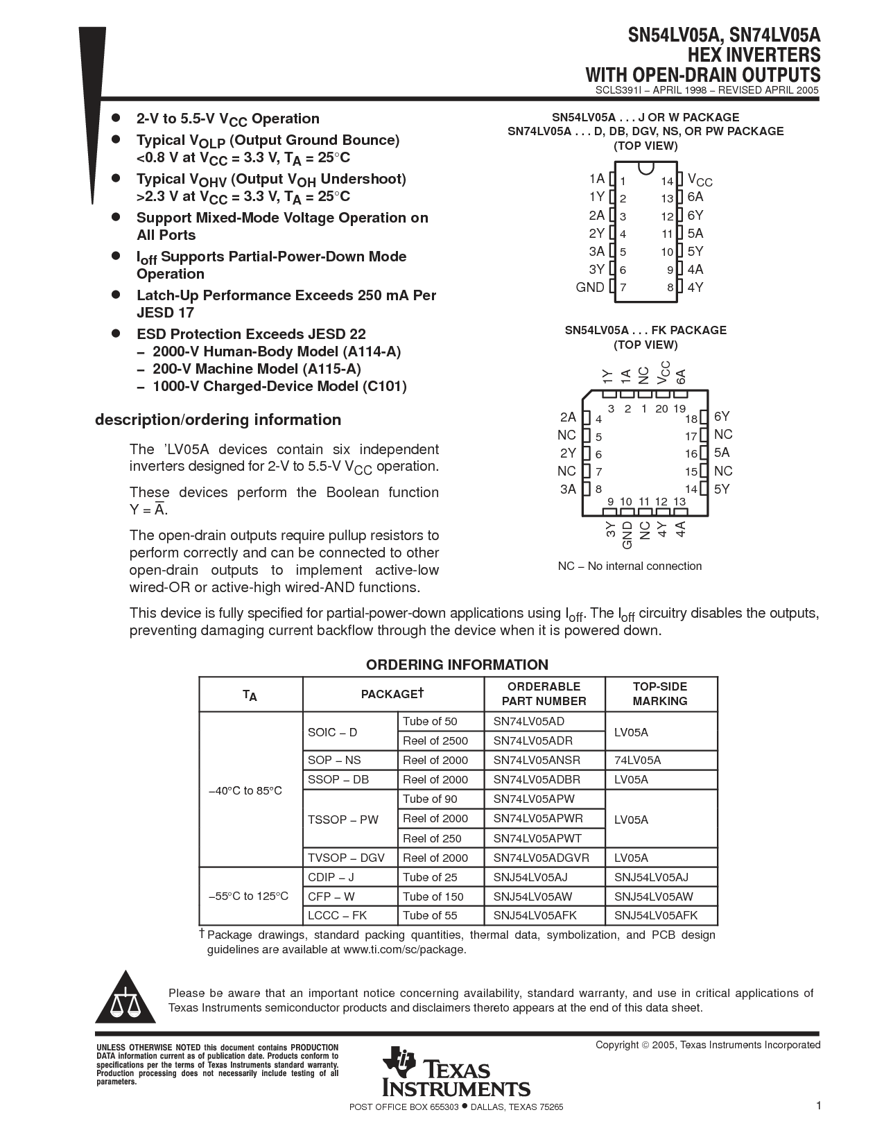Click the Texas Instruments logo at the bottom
point(455,1072)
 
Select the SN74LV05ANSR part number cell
point(537,760)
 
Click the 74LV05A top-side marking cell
point(637,760)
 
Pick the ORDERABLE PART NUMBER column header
point(544,694)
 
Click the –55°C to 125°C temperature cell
point(248,896)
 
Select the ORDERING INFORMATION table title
point(457,665)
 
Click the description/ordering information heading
point(218,419)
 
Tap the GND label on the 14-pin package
point(590,287)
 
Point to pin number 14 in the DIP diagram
point(667,181)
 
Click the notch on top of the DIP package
point(646,168)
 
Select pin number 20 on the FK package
point(661,409)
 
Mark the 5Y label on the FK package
point(722,489)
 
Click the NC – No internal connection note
point(630,566)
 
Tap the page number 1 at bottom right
point(818,1106)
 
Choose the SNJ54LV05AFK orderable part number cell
point(535,915)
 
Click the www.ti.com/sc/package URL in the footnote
point(404,949)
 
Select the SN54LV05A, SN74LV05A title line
point(724,35)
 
